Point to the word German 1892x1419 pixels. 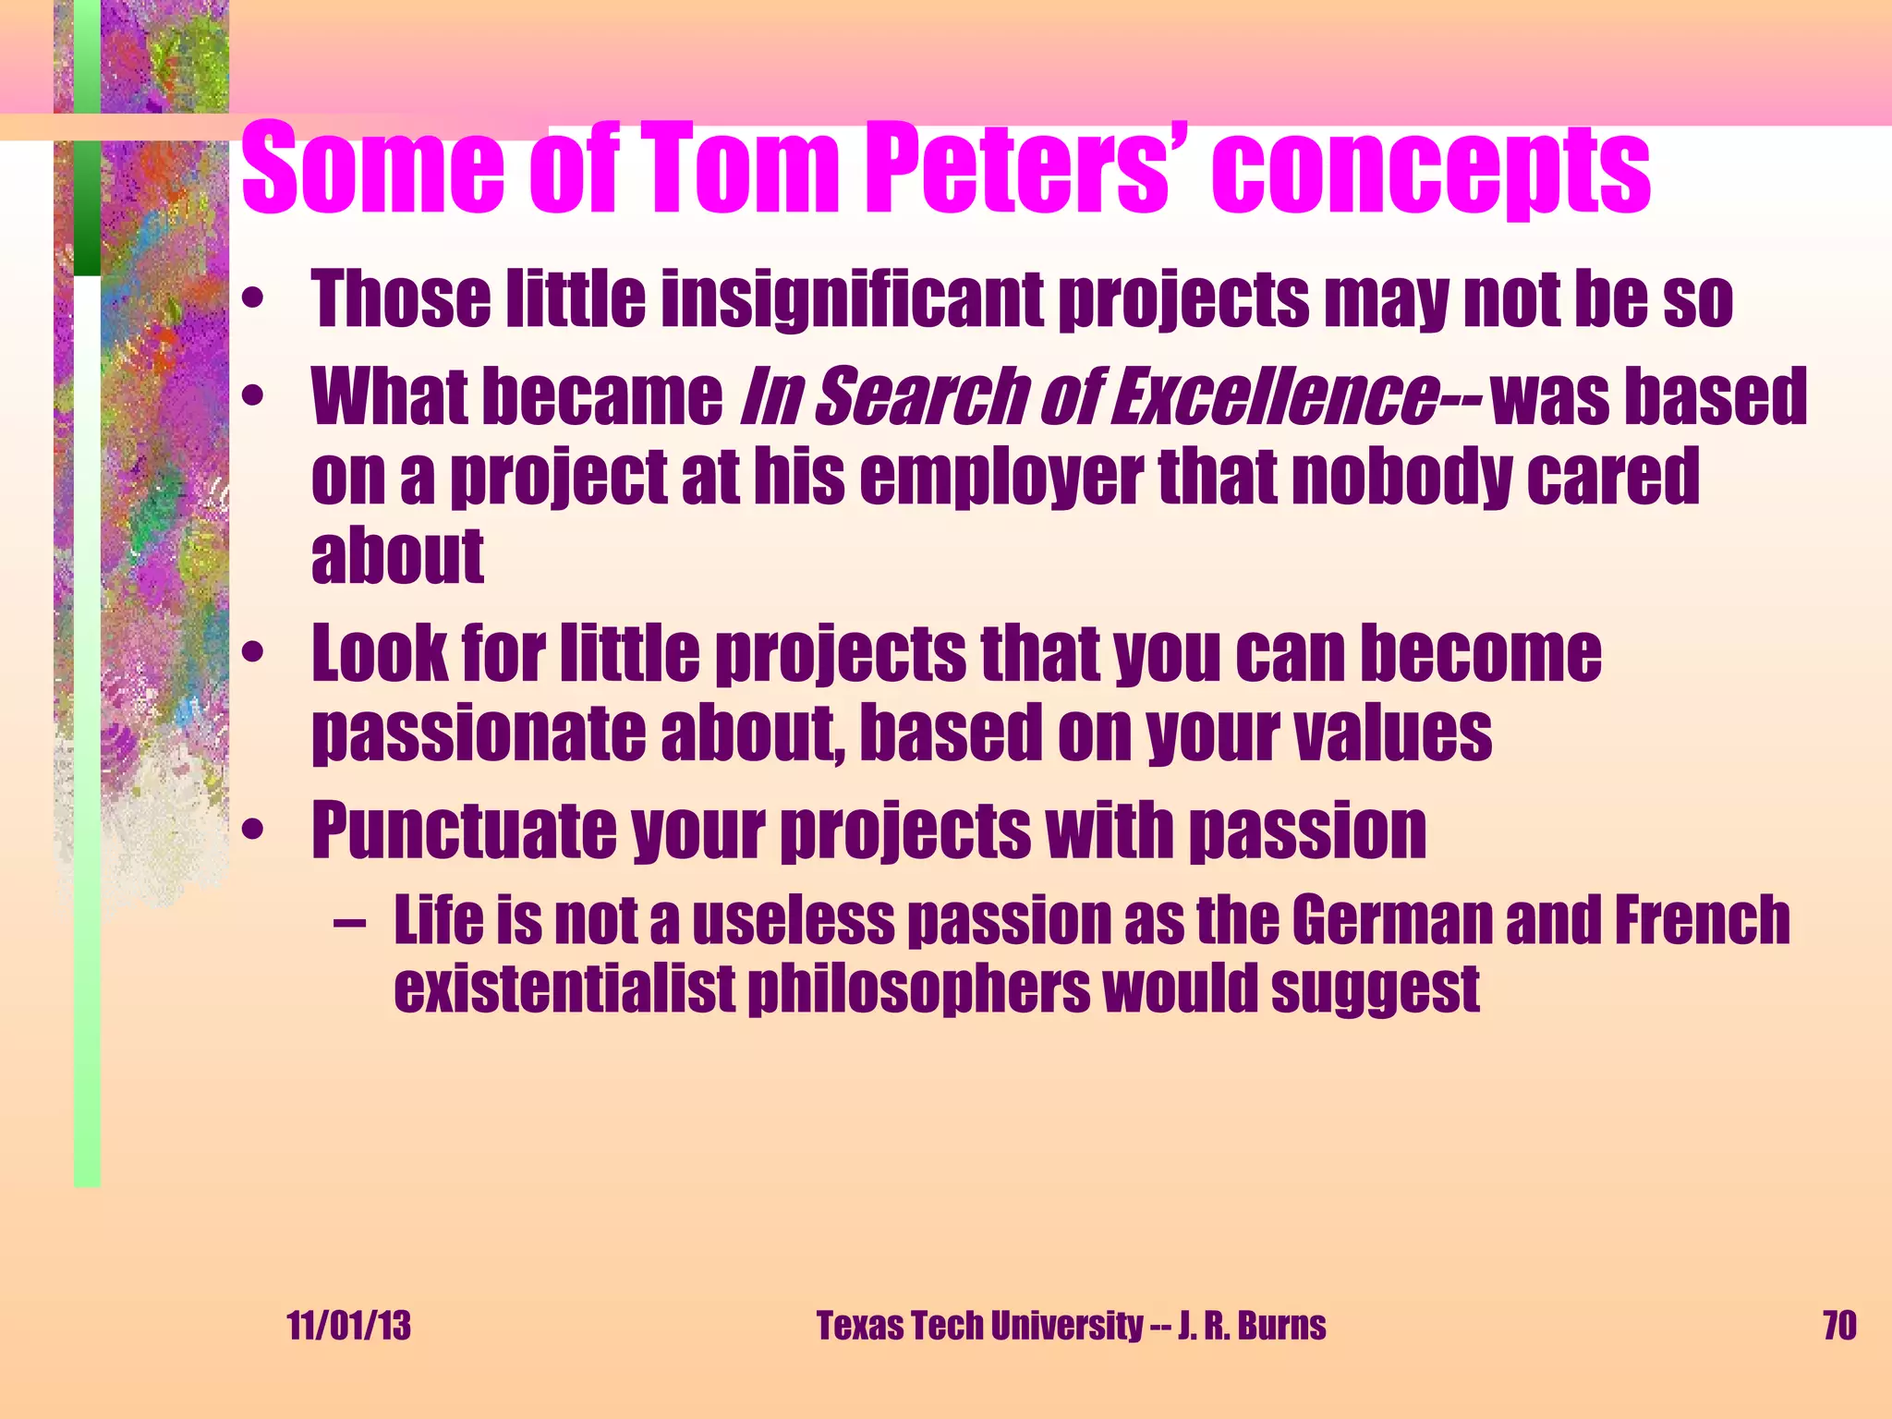click(x=1391, y=920)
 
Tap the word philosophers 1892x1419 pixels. click(x=918, y=990)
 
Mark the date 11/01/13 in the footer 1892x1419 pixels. click(x=349, y=1326)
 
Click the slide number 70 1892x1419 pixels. click(x=1838, y=1326)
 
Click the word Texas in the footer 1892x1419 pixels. click(x=859, y=1326)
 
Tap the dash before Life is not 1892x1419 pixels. click(x=350, y=923)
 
